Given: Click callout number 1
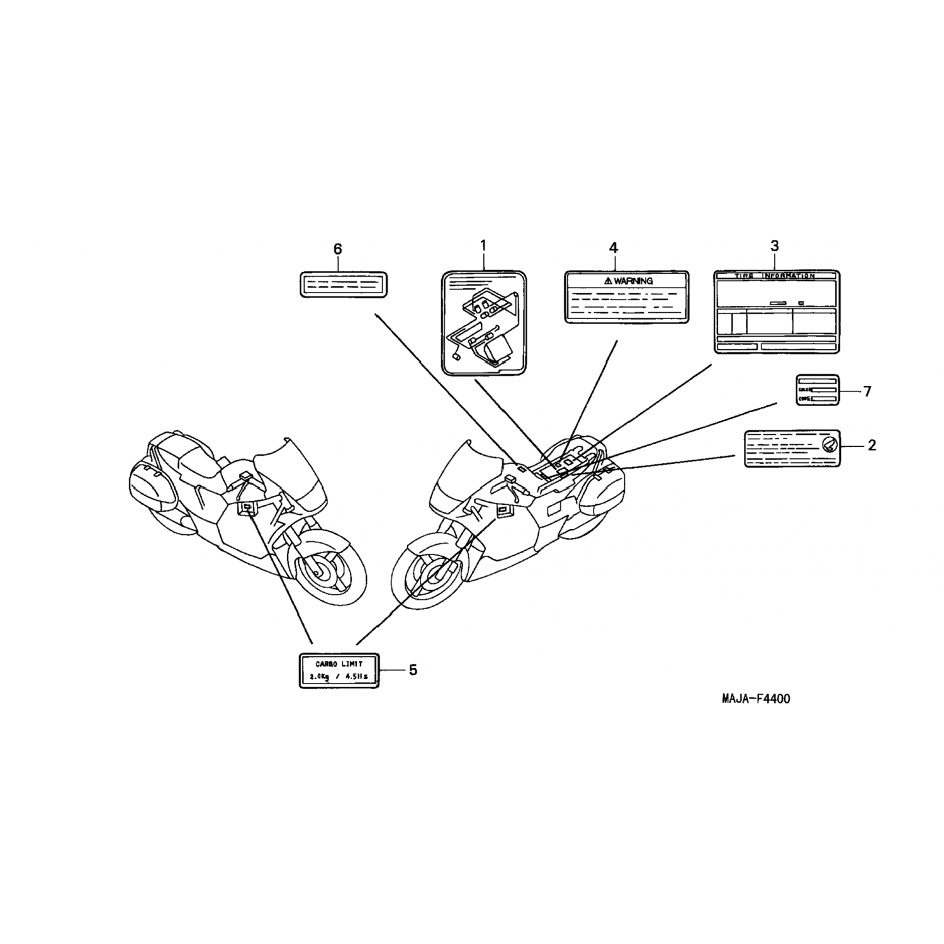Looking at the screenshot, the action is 483,245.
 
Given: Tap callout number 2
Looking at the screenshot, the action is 872,446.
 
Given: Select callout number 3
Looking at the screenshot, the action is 775,245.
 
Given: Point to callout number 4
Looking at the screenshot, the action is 614,247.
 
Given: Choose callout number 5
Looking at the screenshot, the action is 413,670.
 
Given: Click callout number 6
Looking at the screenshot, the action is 338,249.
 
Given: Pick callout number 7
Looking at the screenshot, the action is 867,391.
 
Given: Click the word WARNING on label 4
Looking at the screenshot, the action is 632,281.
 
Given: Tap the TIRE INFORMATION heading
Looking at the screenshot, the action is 775,276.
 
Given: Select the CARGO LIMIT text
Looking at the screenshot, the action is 339,663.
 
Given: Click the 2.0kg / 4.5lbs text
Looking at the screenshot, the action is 339,677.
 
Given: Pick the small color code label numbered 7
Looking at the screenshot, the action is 818,390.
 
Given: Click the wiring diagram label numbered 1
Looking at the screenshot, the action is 483,323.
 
